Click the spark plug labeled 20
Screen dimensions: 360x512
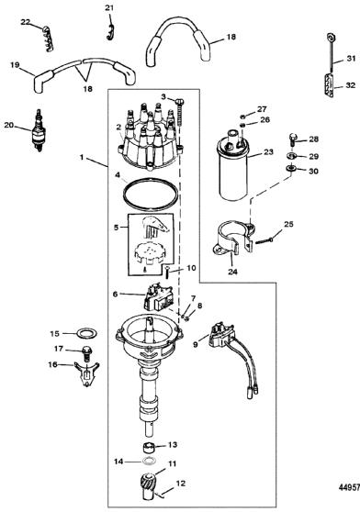pos(39,130)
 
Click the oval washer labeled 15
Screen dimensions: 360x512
pos(87,334)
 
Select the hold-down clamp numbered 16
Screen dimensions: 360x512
pos(86,373)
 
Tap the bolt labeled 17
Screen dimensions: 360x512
pos(87,353)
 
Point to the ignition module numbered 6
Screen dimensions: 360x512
pos(159,297)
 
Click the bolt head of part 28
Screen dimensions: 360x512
pos(292,136)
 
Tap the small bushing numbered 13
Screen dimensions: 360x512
pos(150,447)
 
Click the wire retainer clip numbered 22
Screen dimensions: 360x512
pos(49,39)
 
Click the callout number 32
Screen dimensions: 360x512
pos(350,85)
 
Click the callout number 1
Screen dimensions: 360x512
pos(82,158)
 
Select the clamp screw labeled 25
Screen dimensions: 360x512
pos(264,241)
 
